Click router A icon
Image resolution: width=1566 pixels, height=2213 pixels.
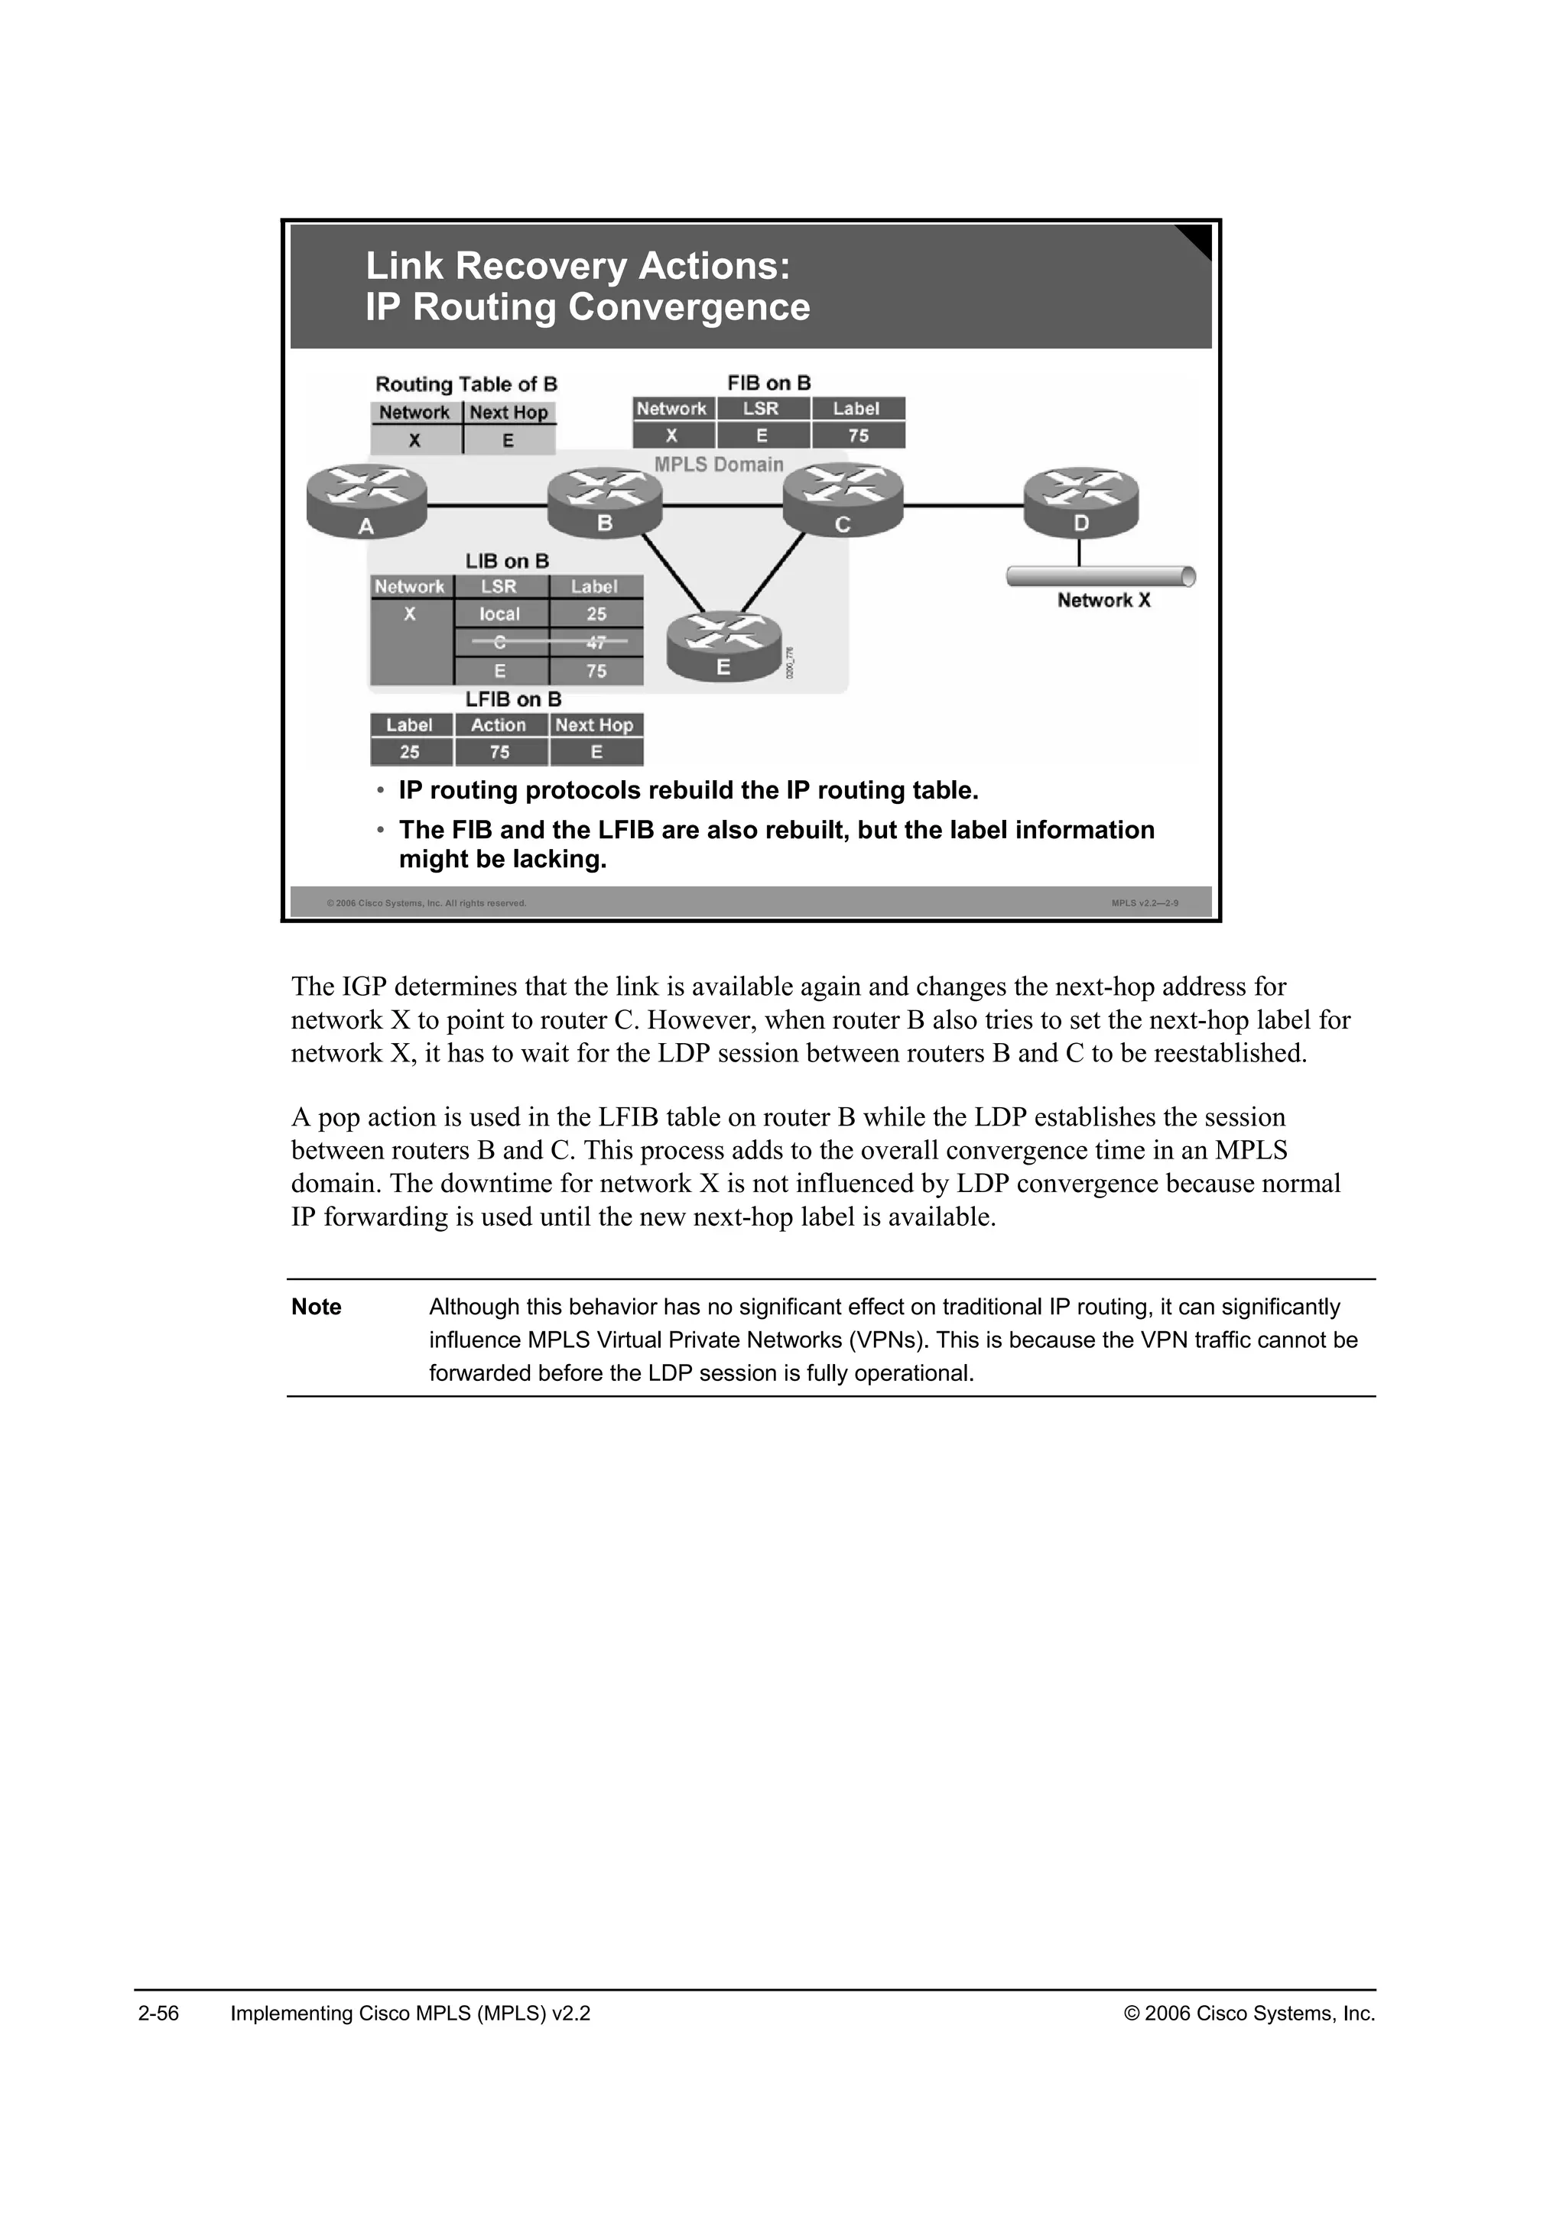(x=366, y=501)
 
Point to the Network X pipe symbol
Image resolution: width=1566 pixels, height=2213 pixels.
(x=1100, y=576)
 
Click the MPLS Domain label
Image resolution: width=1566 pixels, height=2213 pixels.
(x=719, y=465)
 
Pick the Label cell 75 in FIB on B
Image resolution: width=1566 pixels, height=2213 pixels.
(x=858, y=436)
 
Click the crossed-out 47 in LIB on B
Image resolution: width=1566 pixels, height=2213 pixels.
(x=596, y=642)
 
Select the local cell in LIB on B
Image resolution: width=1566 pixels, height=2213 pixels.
(x=499, y=614)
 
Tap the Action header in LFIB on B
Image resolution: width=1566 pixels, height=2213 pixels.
(x=499, y=725)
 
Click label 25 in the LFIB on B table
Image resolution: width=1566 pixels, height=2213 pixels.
(x=410, y=752)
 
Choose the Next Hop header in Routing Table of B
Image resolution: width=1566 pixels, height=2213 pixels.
(x=508, y=413)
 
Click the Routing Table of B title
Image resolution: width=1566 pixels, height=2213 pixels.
(x=466, y=384)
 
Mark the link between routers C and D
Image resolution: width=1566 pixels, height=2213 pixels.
(x=963, y=506)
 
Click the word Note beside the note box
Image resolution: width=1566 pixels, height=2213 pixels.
(x=317, y=1307)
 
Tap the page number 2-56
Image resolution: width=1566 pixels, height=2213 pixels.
(x=159, y=2014)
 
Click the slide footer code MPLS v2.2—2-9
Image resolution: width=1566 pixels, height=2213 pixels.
(x=1145, y=903)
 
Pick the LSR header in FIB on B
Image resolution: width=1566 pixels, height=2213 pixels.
(x=761, y=409)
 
